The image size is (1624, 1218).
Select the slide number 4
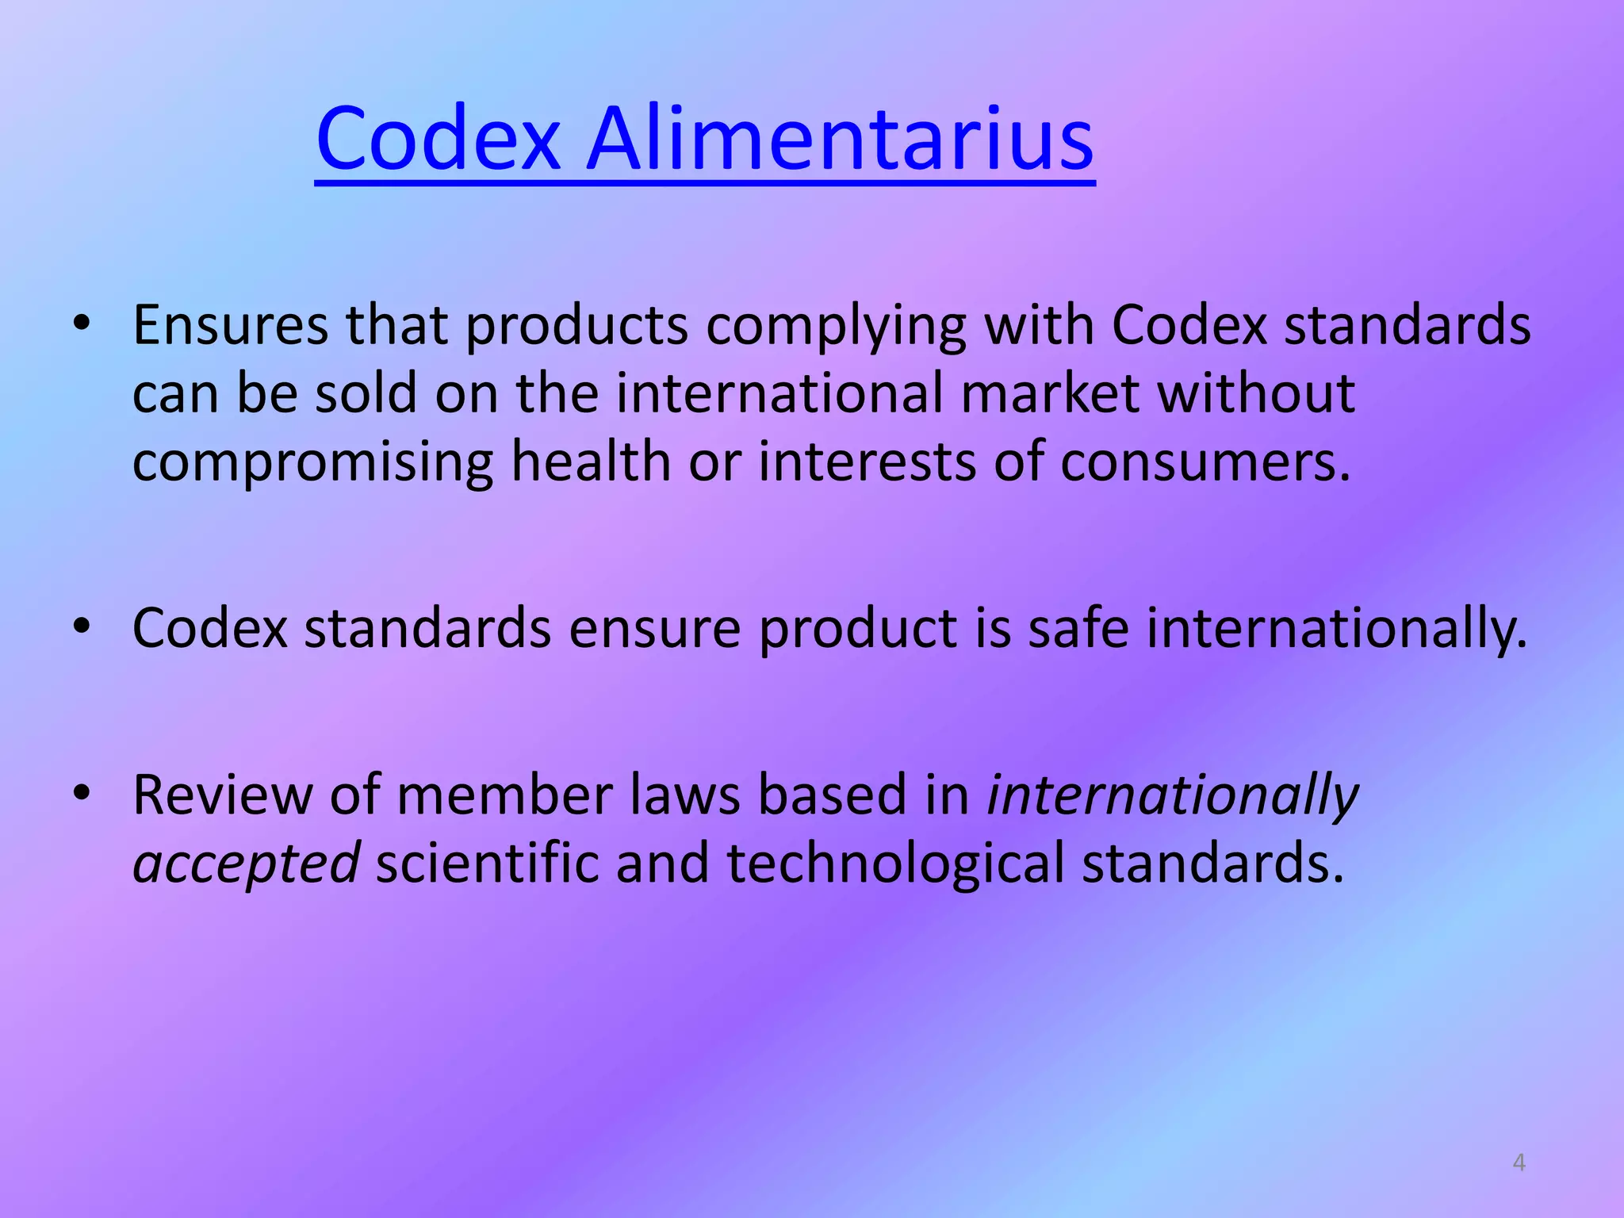(1519, 1162)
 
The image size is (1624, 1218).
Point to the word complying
(836, 327)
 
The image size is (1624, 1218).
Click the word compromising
(312, 462)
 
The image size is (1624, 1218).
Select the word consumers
(1205, 462)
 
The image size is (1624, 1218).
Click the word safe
(1078, 627)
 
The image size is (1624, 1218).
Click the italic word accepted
(246, 864)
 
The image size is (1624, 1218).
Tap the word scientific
(487, 862)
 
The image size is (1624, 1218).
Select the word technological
(895, 864)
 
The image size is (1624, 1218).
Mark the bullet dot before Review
(82, 794)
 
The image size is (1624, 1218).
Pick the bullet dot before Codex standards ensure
(82, 627)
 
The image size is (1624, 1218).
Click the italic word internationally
(1172, 795)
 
